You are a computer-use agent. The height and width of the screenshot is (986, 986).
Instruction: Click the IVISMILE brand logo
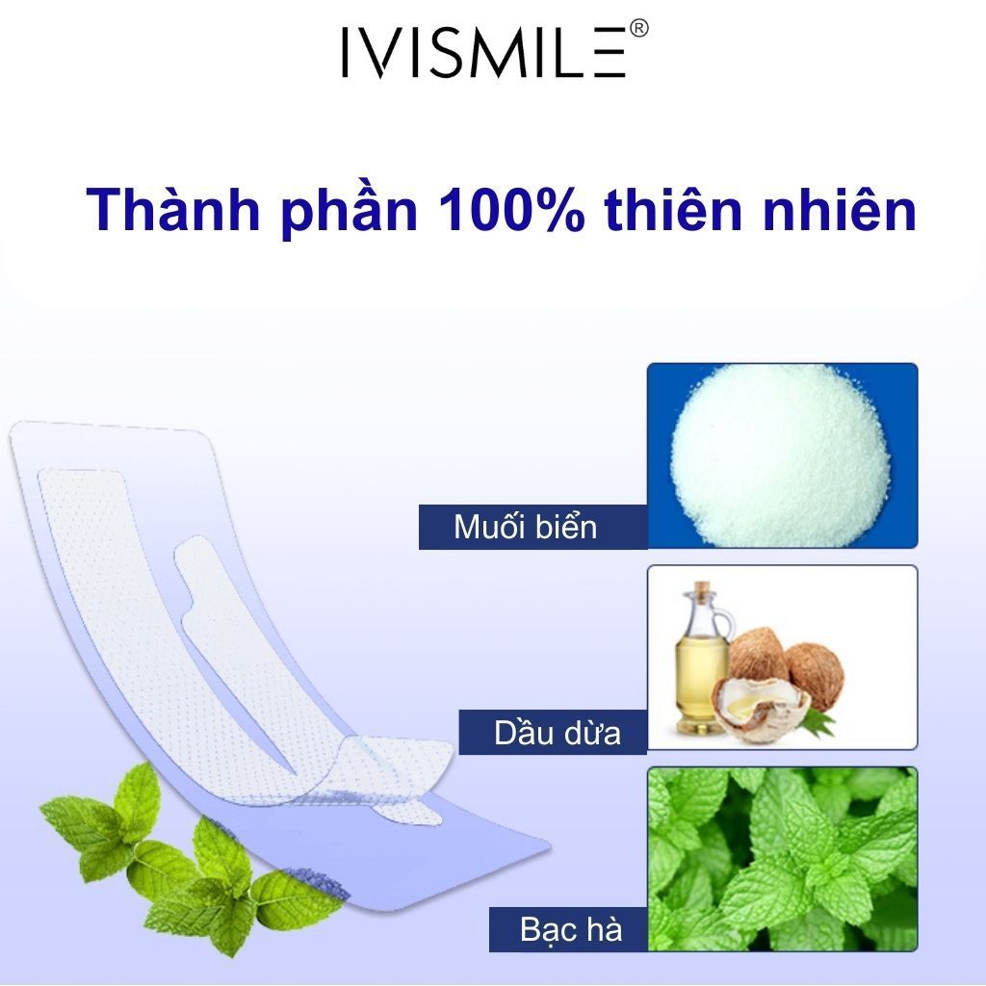click(484, 52)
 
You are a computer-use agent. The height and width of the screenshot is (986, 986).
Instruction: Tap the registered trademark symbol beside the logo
click(638, 30)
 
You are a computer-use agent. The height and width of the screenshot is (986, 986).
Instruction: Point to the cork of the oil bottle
click(703, 588)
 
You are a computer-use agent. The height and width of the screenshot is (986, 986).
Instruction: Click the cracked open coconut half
click(761, 708)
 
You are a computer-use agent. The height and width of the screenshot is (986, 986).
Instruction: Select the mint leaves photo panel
click(782, 857)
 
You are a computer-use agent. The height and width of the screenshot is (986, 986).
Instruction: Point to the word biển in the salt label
click(568, 527)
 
